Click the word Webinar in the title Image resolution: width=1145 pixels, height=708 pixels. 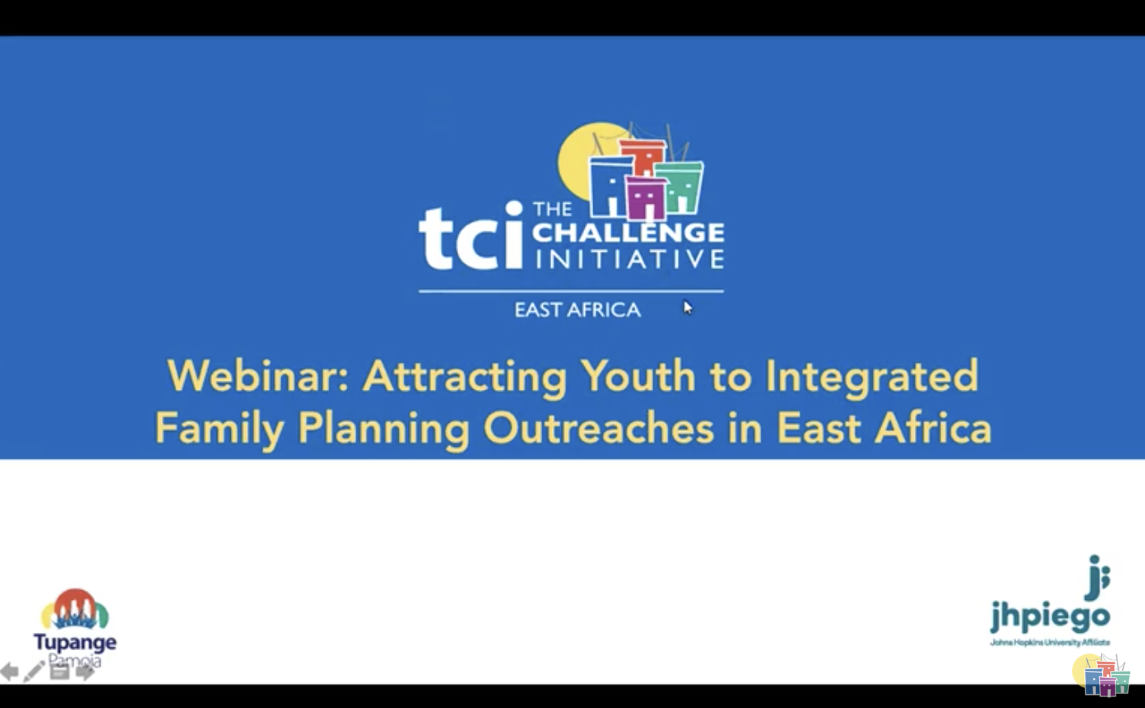[257, 376]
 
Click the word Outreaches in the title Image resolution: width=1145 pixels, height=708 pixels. [598, 428]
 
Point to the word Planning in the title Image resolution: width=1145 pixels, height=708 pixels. [384, 428]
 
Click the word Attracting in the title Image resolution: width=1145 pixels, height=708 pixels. [465, 376]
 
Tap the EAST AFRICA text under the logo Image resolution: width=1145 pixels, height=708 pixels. [577, 310]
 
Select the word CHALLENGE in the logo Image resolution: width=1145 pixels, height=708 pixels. [628, 233]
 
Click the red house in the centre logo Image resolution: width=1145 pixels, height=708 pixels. [643, 157]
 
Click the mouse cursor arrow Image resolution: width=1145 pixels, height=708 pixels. [688, 308]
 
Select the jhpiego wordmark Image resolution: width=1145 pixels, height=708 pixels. [1050, 614]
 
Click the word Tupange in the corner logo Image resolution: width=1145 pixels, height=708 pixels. [75, 642]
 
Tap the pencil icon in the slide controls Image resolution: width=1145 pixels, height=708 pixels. [33, 671]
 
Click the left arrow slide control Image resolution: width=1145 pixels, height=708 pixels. [10, 671]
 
